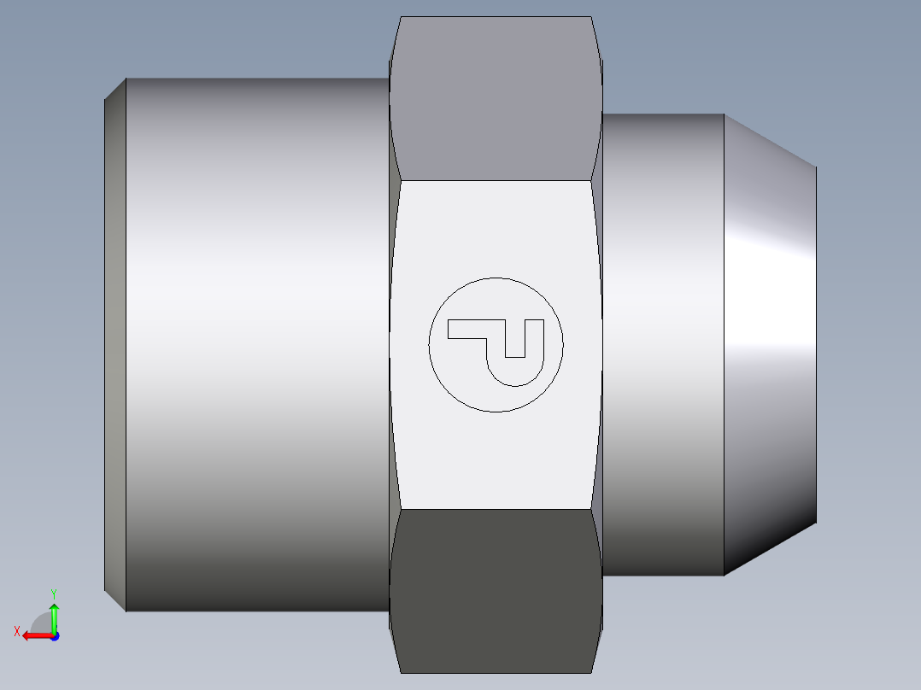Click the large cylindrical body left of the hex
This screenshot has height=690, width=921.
pyautogui.click(x=256, y=342)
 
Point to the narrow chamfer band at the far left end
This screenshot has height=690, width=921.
pyautogui.click(x=115, y=342)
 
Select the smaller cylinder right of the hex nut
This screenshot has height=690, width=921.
pyautogui.click(x=662, y=342)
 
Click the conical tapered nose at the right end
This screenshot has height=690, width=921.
pyautogui.click(x=769, y=342)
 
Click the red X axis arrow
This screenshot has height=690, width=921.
pyautogui.click(x=34, y=635)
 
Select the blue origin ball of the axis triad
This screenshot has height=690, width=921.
pyautogui.click(x=54, y=635)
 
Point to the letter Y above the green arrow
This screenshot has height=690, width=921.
pyautogui.click(x=54, y=593)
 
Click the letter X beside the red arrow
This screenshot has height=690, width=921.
pyautogui.click(x=17, y=631)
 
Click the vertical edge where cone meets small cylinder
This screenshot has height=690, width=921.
pyautogui.click(x=724, y=342)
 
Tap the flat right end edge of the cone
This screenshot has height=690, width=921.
pyautogui.click(x=816, y=342)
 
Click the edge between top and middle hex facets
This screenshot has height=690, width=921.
pyautogui.click(x=496, y=180)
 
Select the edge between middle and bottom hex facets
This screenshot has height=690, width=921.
pyautogui.click(x=496, y=509)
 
